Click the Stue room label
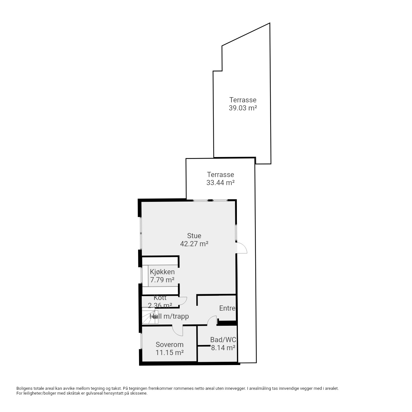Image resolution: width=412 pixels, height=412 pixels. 194,236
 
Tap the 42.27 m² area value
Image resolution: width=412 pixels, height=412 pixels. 194,244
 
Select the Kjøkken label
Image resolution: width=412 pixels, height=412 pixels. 162,272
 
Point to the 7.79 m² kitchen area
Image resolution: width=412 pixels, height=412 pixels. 162,280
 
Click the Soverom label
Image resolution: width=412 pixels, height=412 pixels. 170,344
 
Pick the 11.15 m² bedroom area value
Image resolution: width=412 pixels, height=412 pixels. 170,352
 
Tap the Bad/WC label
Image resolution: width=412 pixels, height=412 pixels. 223,340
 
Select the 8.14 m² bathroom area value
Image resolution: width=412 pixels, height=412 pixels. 223,348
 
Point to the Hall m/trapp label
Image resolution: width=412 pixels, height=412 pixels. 169,316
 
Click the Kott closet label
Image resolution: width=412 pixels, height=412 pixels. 160,298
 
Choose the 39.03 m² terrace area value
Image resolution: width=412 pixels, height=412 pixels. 243,108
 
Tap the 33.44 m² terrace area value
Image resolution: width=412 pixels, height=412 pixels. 220,183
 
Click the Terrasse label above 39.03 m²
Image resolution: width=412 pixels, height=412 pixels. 243,100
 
